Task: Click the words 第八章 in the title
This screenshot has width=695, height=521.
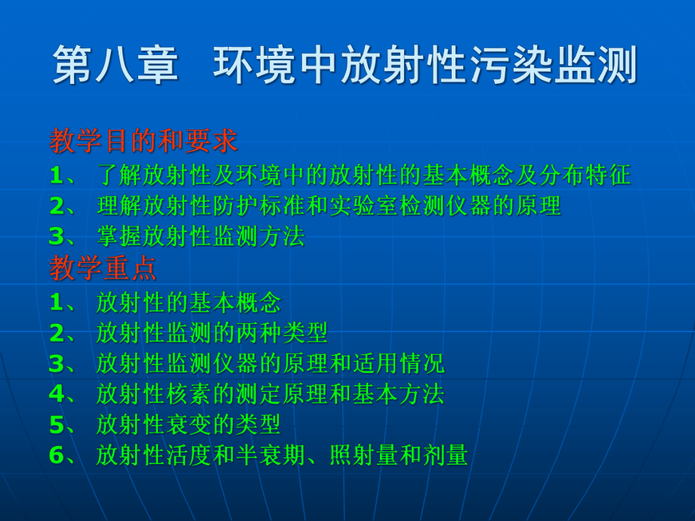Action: click(x=116, y=65)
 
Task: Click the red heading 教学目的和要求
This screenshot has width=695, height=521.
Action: click(x=144, y=140)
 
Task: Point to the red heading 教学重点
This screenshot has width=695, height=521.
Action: click(x=103, y=268)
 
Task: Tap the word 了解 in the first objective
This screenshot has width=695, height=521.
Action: click(x=120, y=175)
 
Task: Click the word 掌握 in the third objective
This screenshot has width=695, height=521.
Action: click(x=119, y=236)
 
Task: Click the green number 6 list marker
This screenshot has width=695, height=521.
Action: click(x=57, y=455)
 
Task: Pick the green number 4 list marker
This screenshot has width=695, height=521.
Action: click(x=57, y=393)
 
